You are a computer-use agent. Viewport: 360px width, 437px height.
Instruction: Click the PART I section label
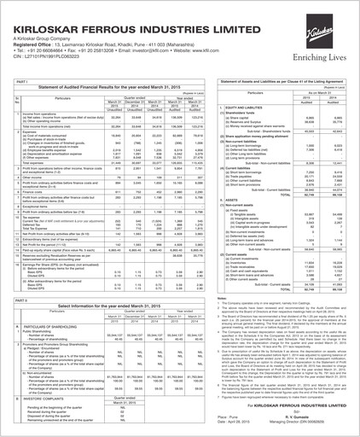click(15, 79)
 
